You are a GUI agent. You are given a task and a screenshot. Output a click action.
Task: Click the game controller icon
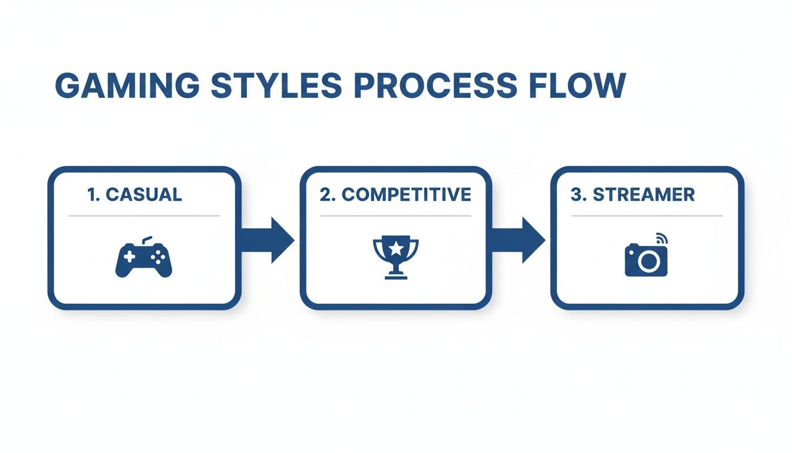coord(144,258)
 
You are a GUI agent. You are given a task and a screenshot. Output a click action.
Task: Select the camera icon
coord(646,258)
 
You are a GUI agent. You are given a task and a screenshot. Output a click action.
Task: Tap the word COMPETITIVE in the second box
coord(406,195)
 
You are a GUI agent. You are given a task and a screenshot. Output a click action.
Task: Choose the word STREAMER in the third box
coord(644,195)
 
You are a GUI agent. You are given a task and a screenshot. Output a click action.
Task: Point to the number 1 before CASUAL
coord(91,195)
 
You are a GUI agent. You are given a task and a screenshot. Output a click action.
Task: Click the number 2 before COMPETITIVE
coord(325,195)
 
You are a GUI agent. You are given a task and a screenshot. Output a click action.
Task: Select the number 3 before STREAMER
coord(576,195)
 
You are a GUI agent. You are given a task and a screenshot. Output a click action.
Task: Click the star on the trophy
coord(395,247)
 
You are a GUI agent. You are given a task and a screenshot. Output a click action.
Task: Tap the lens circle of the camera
coord(648,261)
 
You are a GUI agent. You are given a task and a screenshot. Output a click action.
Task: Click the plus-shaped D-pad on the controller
coord(128,257)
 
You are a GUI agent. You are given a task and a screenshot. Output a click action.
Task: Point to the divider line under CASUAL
coord(144,216)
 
